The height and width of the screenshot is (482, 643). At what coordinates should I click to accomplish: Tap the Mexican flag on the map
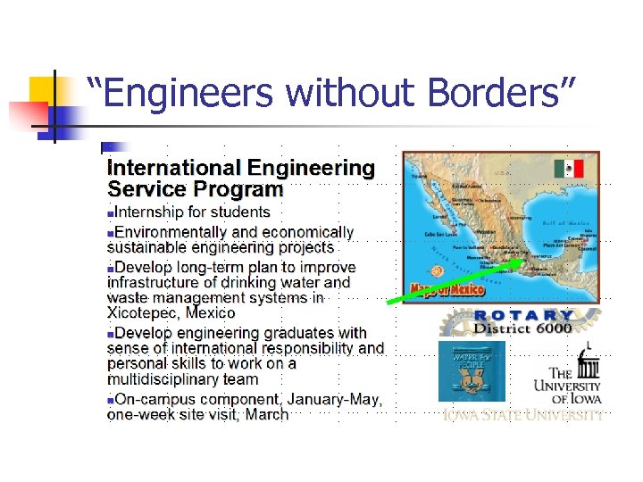click(567, 169)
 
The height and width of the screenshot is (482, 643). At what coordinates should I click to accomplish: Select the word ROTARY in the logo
click(523, 315)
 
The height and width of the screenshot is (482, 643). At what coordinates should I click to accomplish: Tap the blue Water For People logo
click(471, 370)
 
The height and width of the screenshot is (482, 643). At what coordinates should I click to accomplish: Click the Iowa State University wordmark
click(522, 415)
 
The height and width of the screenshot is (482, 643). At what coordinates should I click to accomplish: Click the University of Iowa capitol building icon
click(588, 357)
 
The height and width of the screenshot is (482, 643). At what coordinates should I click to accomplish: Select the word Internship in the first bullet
click(153, 212)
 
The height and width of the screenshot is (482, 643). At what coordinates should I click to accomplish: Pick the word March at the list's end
click(266, 414)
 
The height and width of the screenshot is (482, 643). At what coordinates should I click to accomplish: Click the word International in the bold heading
click(173, 167)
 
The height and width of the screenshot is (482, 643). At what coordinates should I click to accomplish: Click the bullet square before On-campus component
click(111, 400)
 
